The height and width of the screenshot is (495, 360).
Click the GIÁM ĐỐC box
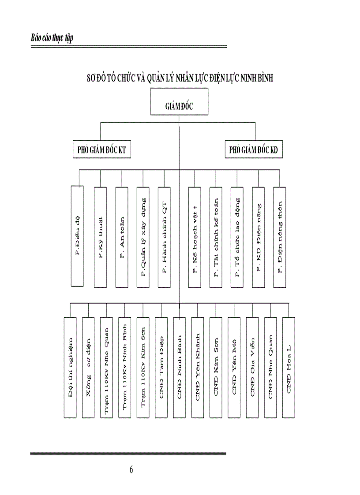(179, 106)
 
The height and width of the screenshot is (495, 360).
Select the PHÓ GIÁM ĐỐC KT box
(102, 150)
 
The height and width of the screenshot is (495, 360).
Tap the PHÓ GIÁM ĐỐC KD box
(254, 150)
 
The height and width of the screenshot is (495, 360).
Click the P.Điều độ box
(77, 237)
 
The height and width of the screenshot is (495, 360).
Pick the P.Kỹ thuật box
(100, 237)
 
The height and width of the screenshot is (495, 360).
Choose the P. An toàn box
(121, 237)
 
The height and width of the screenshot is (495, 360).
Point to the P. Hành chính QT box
(164, 237)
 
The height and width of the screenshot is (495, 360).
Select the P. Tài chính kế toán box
(216, 237)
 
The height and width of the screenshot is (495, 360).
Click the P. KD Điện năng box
(259, 237)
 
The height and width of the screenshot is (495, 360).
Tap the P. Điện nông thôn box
(280, 237)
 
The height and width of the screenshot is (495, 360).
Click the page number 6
(131, 469)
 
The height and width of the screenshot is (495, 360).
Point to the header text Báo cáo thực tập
(52, 38)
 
